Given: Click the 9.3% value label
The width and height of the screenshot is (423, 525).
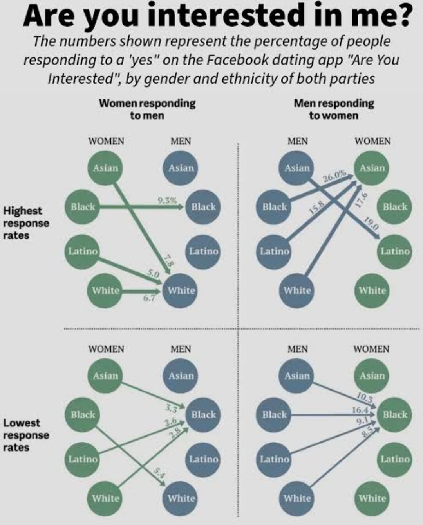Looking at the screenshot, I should [167, 201].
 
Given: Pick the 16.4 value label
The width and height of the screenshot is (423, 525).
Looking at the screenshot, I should [360, 410].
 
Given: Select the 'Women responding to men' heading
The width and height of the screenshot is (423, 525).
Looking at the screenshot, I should [147, 109].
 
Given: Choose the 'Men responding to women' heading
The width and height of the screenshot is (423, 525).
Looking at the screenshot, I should [334, 109].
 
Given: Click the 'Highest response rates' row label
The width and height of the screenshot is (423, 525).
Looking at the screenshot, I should [26, 223].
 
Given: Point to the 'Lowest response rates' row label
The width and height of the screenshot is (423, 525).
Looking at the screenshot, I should [26, 435].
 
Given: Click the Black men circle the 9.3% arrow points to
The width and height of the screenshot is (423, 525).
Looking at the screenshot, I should [204, 207].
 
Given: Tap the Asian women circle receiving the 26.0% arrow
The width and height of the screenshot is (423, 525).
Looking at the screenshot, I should [372, 168].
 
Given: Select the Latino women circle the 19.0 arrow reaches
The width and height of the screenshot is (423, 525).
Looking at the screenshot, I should [395, 251].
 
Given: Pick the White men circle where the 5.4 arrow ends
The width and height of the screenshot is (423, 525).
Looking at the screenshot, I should [181, 498].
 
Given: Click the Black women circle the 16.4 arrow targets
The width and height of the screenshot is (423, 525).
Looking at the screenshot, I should [395, 414].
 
